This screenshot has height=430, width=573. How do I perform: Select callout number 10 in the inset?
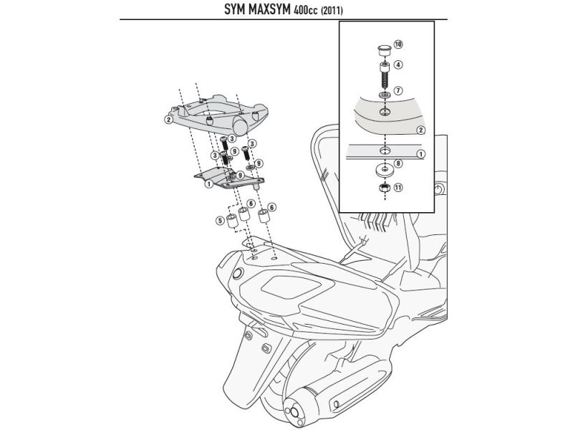tap(398, 44)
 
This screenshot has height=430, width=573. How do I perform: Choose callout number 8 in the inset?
tap(398, 163)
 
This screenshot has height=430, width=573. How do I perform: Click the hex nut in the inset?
tap(382, 188)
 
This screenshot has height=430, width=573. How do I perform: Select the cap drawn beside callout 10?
tap(382, 49)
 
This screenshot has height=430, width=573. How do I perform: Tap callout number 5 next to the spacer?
tap(220, 219)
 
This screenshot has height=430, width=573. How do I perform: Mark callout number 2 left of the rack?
tap(168, 120)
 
